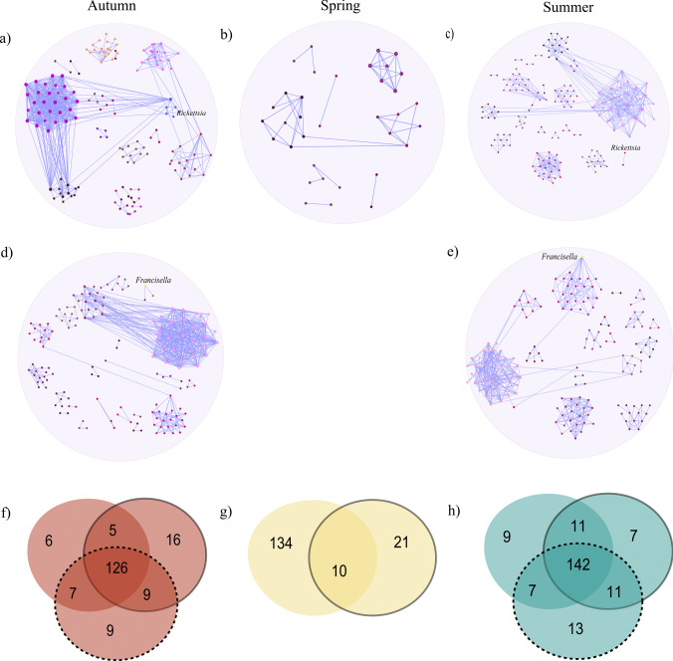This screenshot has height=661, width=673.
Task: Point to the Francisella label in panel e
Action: click(560, 257)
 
